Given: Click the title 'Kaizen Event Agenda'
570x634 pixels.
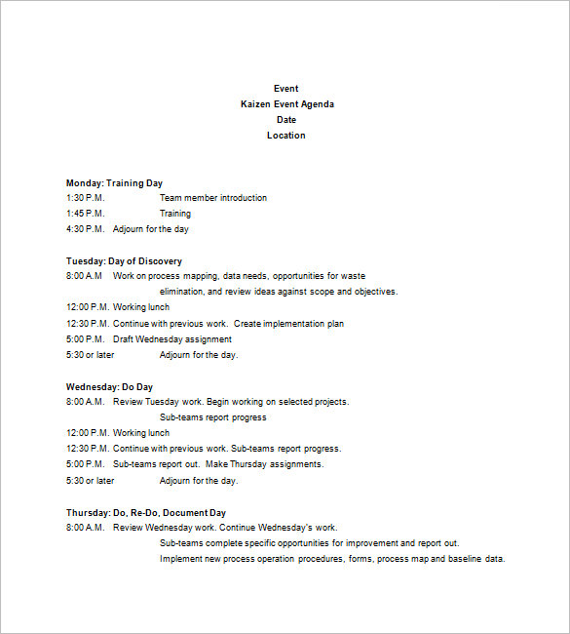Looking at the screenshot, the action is pos(286,104).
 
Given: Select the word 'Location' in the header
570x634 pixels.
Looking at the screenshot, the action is pos(286,136).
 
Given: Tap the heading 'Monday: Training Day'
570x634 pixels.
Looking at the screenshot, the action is pos(114,182).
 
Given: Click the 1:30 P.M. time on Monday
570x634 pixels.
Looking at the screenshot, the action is pos(85,198).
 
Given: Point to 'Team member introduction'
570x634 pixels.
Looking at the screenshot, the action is pos(212,198).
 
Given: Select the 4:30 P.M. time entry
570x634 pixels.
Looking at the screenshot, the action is pos(85,229).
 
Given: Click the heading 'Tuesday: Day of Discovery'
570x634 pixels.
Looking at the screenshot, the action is pos(124,261).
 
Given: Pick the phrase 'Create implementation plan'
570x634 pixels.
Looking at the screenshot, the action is pos(289,324).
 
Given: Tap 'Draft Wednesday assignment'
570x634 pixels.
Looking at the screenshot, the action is pos(172,339).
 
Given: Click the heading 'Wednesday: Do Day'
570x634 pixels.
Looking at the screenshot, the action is pos(109,387).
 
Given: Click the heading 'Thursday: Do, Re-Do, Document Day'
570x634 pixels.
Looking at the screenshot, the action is pos(145,512).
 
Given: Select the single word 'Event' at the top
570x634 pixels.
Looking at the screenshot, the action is pos(286,89).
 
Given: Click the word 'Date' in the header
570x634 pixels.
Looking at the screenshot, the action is pos(286,120).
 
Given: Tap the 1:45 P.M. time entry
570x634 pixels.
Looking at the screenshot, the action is pos(85,214).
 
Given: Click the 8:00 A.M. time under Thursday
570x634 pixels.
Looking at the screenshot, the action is pos(85,528).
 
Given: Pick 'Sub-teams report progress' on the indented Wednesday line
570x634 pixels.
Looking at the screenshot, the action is pos(212,417).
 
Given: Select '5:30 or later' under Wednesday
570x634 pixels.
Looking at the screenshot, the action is pos(90,480).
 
